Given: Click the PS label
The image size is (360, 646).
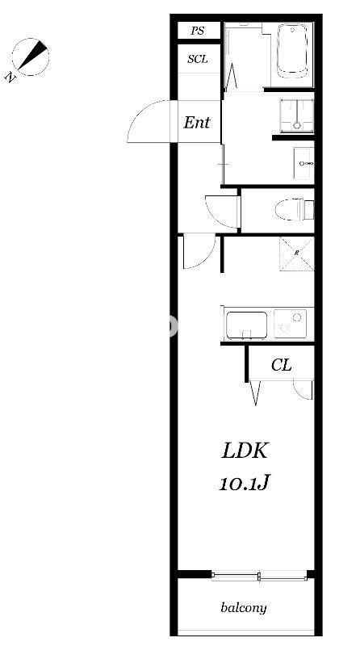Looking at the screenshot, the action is click(197, 31).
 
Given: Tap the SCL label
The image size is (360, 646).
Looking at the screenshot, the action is click(198, 59).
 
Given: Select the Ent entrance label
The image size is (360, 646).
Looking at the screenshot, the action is click(197, 123).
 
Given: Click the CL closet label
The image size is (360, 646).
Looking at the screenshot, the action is click(282, 365).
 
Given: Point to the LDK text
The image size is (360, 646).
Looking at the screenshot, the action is click(245, 451).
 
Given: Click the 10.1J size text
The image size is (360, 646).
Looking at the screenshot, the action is click(244, 483).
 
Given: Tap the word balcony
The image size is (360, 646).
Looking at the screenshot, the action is click(244, 608).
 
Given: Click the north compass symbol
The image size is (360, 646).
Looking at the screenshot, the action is click(30, 58).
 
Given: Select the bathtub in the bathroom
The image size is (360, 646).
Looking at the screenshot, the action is click(292, 51).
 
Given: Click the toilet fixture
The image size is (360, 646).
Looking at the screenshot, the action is click(295, 209).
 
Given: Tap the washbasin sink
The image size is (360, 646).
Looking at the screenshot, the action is click(303, 164).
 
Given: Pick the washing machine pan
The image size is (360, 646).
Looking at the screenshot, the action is click(296, 115).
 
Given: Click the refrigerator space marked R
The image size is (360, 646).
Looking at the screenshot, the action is click(296, 254).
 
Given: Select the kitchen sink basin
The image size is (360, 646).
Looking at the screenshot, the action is click(247, 325).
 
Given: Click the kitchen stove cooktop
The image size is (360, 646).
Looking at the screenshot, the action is click(291, 324).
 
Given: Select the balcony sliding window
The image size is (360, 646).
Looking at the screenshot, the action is click(259, 576).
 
